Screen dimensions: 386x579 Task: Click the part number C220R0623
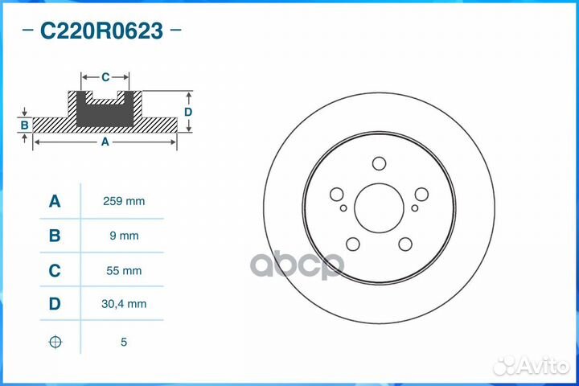click(x=101, y=31)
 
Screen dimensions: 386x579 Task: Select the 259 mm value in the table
click(x=125, y=201)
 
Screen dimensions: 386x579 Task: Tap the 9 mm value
click(x=125, y=236)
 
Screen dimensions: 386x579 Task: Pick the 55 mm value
click(x=125, y=271)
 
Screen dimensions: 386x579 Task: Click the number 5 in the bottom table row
click(x=124, y=342)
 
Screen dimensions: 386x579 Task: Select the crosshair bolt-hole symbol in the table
click(x=55, y=342)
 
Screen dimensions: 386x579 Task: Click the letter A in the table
click(x=55, y=201)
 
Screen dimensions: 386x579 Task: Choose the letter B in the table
click(x=55, y=236)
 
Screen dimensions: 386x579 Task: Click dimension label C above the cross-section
click(x=105, y=77)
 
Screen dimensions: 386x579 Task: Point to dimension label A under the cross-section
click(x=105, y=142)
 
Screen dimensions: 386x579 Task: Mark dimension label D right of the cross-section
click(x=187, y=112)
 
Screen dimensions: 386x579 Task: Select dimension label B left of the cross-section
click(x=25, y=125)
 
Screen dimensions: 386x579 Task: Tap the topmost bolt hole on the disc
click(x=380, y=163)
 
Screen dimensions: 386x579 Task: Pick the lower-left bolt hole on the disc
click(x=353, y=244)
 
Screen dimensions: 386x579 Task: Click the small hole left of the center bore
click(x=344, y=208)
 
